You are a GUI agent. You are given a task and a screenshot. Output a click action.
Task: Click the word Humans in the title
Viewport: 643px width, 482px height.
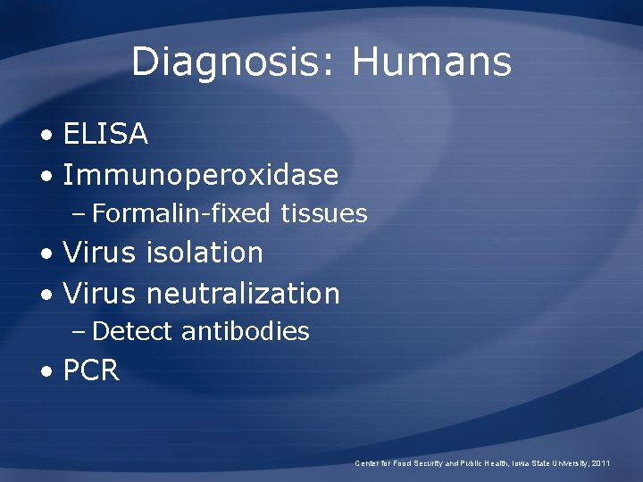click(431, 63)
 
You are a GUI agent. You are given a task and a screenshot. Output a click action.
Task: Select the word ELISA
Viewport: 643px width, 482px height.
click(105, 135)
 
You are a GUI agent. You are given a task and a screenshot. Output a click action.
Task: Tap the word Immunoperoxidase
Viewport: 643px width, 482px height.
click(201, 175)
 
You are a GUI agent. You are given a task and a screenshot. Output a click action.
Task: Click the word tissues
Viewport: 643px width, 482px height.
click(324, 214)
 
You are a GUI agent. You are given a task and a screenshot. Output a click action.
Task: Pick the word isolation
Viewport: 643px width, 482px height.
click(205, 253)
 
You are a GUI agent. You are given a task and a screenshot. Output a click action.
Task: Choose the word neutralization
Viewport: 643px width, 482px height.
click(243, 293)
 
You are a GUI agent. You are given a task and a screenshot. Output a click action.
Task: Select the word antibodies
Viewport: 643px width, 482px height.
click(245, 332)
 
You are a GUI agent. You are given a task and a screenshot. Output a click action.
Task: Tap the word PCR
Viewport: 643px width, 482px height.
click(91, 370)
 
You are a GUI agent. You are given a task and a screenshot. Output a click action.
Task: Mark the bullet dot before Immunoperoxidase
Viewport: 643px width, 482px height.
click(46, 177)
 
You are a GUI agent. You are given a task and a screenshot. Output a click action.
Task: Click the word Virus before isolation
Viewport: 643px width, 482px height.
click(99, 253)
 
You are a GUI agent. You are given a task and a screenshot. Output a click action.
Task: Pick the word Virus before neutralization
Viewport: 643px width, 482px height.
click(99, 293)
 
